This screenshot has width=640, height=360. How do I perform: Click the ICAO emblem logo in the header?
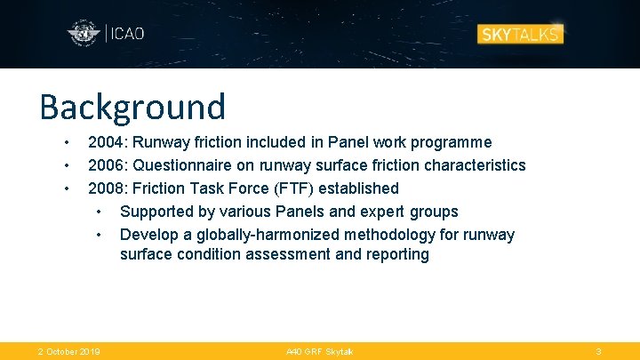coord(84,35)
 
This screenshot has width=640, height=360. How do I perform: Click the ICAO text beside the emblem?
coord(126,35)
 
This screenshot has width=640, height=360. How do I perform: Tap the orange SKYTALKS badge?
coord(520,35)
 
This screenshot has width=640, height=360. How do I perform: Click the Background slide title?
coord(132,107)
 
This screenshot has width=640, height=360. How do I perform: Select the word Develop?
coord(148,235)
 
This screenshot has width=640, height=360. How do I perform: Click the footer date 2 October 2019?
coord(68,352)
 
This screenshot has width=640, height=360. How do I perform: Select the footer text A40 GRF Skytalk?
coord(319,352)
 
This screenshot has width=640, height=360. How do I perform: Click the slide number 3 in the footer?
coord(598,352)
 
